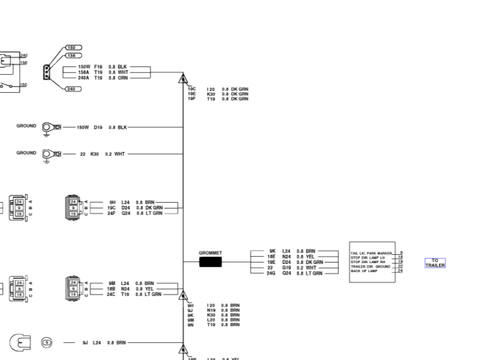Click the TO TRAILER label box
click(x=435, y=263)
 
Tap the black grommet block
click(x=210, y=261)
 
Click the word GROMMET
click(x=210, y=252)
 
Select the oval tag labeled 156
click(x=74, y=55)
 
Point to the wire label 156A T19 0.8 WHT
click(x=103, y=72)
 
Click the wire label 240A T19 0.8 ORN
click(x=103, y=77)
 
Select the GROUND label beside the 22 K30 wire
click(x=26, y=153)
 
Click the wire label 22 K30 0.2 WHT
click(x=102, y=154)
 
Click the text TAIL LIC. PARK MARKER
click(x=371, y=253)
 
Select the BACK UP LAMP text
click(x=364, y=271)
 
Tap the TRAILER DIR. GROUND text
click(x=369, y=266)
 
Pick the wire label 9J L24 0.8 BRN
click(x=104, y=343)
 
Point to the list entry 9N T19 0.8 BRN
click(x=213, y=325)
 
